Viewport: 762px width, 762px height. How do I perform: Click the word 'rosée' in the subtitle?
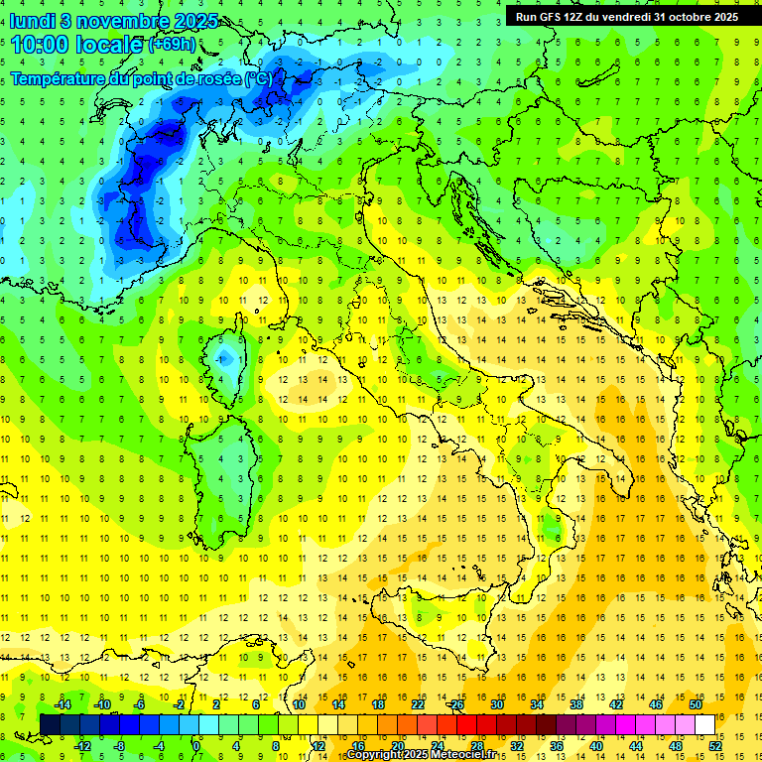[219, 78]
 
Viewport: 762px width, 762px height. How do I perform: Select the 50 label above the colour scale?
[696, 704]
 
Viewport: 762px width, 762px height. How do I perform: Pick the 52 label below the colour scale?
[715, 745]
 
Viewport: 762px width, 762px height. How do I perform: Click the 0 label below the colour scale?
[195, 745]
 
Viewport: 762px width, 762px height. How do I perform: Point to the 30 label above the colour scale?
[496, 704]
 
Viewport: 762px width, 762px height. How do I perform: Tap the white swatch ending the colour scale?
[705, 724]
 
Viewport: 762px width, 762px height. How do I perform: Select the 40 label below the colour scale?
[596, 745]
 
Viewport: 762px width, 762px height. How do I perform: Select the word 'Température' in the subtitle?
[58, 78]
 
